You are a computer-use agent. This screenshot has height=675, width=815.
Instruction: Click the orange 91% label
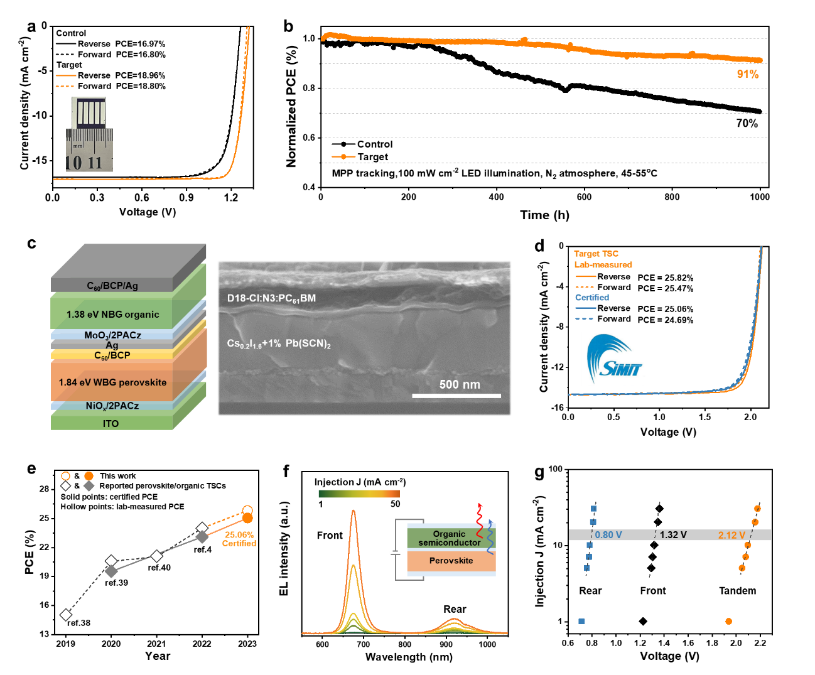point(747,74)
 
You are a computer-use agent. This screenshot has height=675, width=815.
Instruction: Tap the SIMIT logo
point(613,359)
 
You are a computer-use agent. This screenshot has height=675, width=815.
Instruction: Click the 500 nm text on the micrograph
point(460,384)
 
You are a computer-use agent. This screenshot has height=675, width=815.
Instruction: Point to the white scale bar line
point(456,396)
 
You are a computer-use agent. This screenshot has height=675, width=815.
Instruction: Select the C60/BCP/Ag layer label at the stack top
point(112,286)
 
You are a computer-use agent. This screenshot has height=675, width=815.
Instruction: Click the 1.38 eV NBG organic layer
point(113,315)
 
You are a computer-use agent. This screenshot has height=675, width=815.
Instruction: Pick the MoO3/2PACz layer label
point(113,335)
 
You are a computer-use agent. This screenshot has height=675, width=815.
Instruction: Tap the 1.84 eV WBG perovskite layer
point(113,382)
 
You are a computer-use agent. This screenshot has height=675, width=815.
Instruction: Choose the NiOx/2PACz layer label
point(112,406)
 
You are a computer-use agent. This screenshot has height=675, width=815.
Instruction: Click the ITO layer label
point(111,424)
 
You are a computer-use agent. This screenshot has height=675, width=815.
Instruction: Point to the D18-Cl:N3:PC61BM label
point(271,298)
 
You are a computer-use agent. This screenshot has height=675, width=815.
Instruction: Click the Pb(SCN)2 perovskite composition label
point(279,343)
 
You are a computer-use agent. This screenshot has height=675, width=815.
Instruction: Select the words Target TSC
point(596,254)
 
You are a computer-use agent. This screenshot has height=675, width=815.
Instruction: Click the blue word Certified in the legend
point(592,298)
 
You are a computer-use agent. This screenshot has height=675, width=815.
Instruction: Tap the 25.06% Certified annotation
point(239,539)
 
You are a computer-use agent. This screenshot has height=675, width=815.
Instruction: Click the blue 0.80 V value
point(608,535)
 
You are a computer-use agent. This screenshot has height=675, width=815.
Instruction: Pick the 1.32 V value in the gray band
point(673,535)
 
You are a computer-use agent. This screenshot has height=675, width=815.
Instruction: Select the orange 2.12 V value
point(731,535)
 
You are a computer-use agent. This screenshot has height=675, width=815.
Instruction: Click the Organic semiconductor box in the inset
point(449,538)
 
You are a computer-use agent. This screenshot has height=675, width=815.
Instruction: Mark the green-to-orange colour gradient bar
point(359,494)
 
